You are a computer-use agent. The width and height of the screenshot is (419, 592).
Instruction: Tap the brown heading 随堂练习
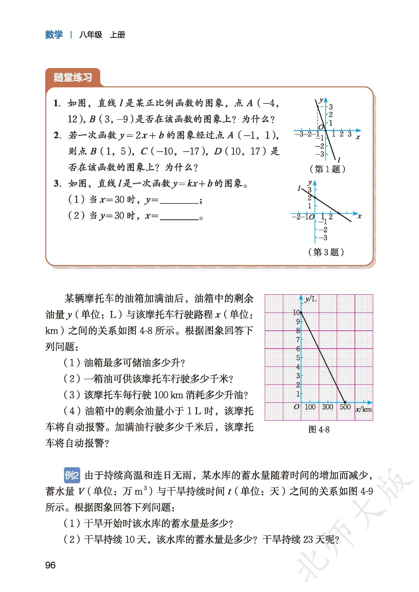click(73, 77)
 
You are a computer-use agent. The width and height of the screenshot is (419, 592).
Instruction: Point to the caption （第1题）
click(327, 169)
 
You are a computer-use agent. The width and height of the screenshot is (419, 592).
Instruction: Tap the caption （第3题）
click(326, 252)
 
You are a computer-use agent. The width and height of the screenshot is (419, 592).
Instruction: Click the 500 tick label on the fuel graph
click(345, 407)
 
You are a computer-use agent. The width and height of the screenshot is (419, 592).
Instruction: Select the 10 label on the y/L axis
click(296, 312)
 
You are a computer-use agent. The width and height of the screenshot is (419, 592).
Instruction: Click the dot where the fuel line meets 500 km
click(345, 402)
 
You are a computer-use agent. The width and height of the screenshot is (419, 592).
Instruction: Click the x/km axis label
click(363, 409)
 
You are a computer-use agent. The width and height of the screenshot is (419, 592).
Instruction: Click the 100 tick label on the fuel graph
click(310, 407)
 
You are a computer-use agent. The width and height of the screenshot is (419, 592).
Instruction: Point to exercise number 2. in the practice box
click(57, 135)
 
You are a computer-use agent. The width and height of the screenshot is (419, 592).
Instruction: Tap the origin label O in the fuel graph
click(296, 407)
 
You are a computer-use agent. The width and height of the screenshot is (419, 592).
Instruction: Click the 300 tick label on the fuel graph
click(327, 407)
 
